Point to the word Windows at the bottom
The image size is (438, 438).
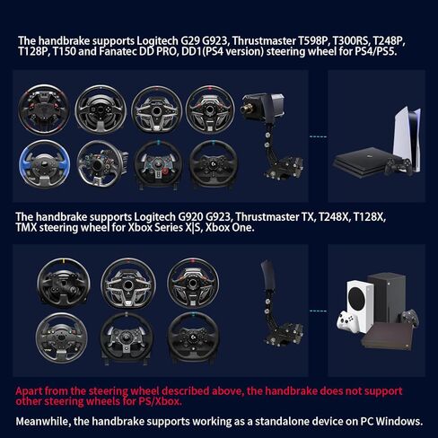coord(400,421)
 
